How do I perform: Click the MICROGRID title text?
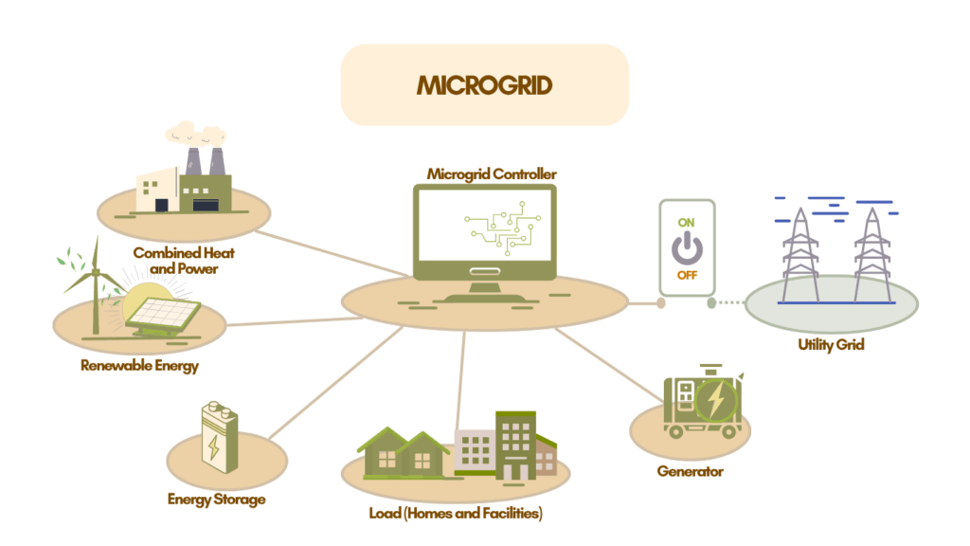pyautogui.click(x=484, y=85)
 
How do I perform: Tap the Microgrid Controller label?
pyautogui.click(x=492, y=174)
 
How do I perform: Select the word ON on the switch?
pyautogui.click(x=687, y=223)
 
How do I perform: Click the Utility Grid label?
pyautogui.click(x=831, y=345)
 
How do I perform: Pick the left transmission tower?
pyautogui.click(x=800, y=251)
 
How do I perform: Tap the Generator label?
pyautogui.click(x=690, y=471)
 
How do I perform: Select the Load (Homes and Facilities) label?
pyautogui.click(x=455, y=514)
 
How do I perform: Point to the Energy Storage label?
pyautogui.click(x=216, y=500)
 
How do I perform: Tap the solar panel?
pyautogui.click(x=164, y=313)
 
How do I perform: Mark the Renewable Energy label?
pyautogui.click(x=139, y=366)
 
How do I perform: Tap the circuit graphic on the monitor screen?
pyautogui.click(x=501, y=228)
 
